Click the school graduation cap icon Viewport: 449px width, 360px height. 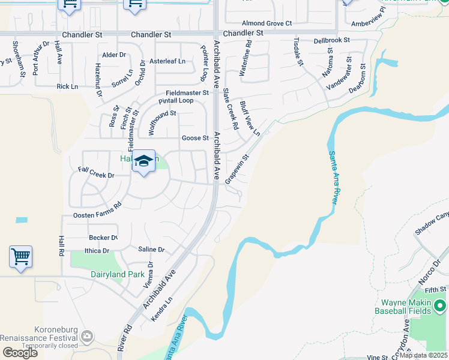(x=143, y=161)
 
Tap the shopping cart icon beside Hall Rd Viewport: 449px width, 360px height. (x=20, y=257)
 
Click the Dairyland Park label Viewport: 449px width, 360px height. (x=118, y=274)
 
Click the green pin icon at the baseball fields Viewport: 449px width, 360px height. (x=440, y=307)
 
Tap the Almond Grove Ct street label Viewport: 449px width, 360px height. (x=267, y=23)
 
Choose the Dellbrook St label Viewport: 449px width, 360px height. (x=331, y=41)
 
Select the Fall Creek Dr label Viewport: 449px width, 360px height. (x=96, y=173)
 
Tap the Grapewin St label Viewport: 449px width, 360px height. (x=237, y=170)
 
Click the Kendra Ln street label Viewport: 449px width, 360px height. (x=162, y=308)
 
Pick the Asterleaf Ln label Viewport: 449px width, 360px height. (x=167, y=61)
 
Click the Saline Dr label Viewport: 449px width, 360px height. (x=151, y=249)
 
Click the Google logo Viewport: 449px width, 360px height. (x=20, y=353)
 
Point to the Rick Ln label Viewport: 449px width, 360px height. (x=67, y=86)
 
